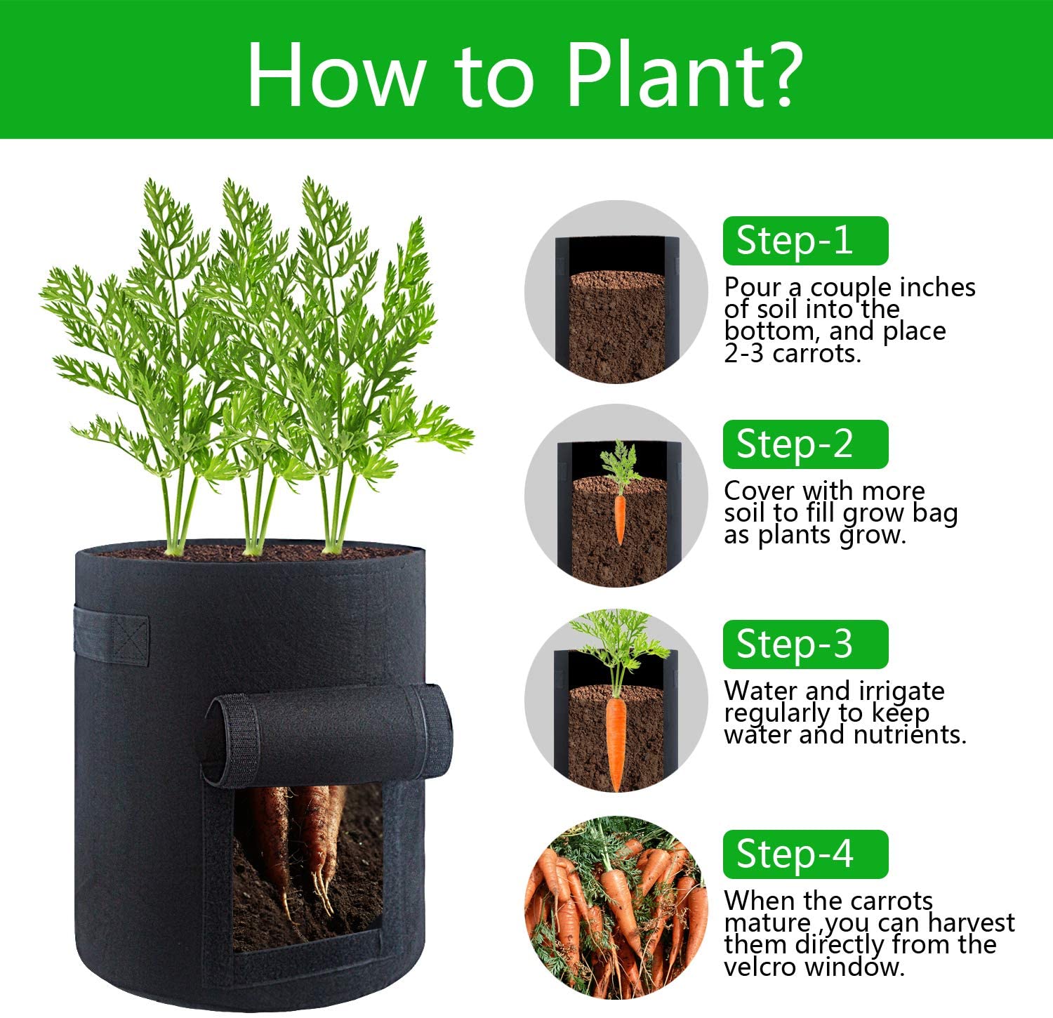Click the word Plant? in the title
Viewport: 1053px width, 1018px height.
click(x=685, y=73)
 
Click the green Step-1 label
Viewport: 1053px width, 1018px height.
click(x=805, y=241)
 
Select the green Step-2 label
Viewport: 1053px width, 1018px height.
click(x=805, y=444)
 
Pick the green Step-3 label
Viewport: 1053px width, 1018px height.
click(x=805, y=644)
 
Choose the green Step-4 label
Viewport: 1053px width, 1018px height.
click(x=805, y=854)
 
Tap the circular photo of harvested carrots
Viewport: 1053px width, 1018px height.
click(x=616, y=908)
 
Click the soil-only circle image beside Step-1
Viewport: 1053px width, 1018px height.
click(x=616, y=291)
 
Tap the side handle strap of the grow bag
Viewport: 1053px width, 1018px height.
click(x=112, y=635)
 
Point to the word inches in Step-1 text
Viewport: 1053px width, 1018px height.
click(x=937, y=287)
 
